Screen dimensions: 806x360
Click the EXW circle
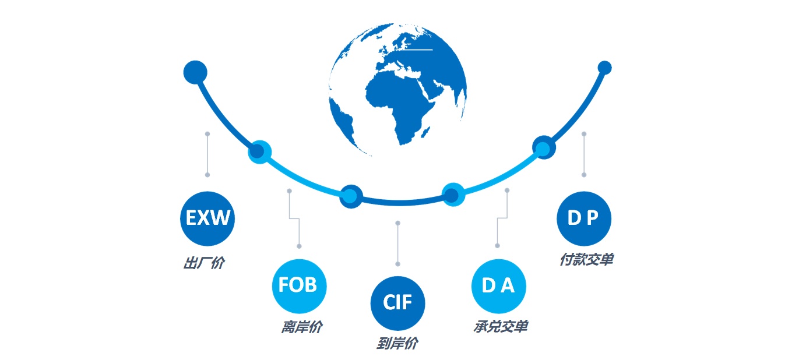[207, 218]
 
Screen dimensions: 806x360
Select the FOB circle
[299, 286]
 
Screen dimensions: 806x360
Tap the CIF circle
[397, 303]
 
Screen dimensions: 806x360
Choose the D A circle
[499, 286]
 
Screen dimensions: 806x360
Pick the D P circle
[583, 218]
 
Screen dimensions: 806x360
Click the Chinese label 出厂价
[204, 263]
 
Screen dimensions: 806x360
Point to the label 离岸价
[301, 327]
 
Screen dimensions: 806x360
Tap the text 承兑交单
[501, 327]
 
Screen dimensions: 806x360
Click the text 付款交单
[586, 259]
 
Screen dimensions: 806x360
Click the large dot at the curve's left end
[195, 72]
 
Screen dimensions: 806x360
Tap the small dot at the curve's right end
[604, 68]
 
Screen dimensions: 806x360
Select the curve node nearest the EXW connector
[259, 152]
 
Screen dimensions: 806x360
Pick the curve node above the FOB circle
[351, 196]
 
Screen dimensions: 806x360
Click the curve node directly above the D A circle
[453, 195]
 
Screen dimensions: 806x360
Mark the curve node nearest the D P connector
[544, 147]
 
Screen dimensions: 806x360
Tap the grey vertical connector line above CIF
[397, 243]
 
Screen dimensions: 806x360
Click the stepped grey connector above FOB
[294, 218]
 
